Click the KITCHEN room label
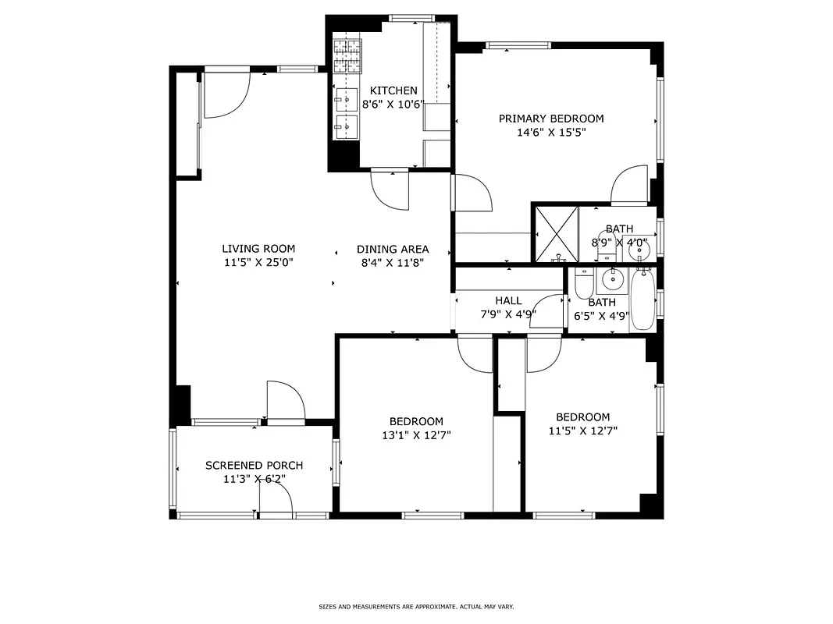click(x=393, y=90)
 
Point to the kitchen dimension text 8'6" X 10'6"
click(x=393, y=105)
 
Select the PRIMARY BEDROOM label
click(x=551, y=119)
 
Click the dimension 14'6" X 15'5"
click(x=551, y=133)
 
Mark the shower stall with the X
click(x=555, y=232)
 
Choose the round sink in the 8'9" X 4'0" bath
click(x=639, y=248)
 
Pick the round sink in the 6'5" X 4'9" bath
click(x=613, y=277)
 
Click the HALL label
click(x=508, y=300)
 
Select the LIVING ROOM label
click(x=258, y=249)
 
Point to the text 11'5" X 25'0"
click(x=258, y=263)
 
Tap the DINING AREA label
click(x=393, y=249)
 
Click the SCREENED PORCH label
click(x=254, y=466)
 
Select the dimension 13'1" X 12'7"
click(x=412, y=435)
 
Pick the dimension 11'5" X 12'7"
click(x=582, y=431)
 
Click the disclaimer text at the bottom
click(x=416, y=607)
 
